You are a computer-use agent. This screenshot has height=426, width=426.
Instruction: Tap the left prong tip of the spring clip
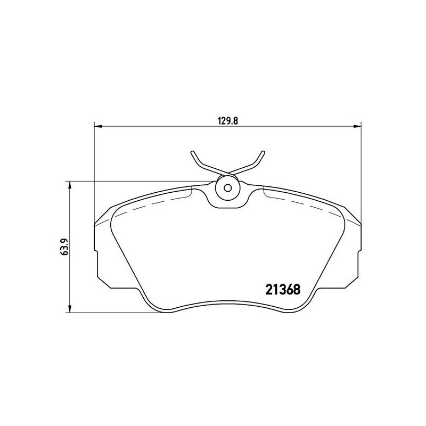click(192, 153)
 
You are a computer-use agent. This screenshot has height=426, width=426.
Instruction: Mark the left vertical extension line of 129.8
click(94, 170)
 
